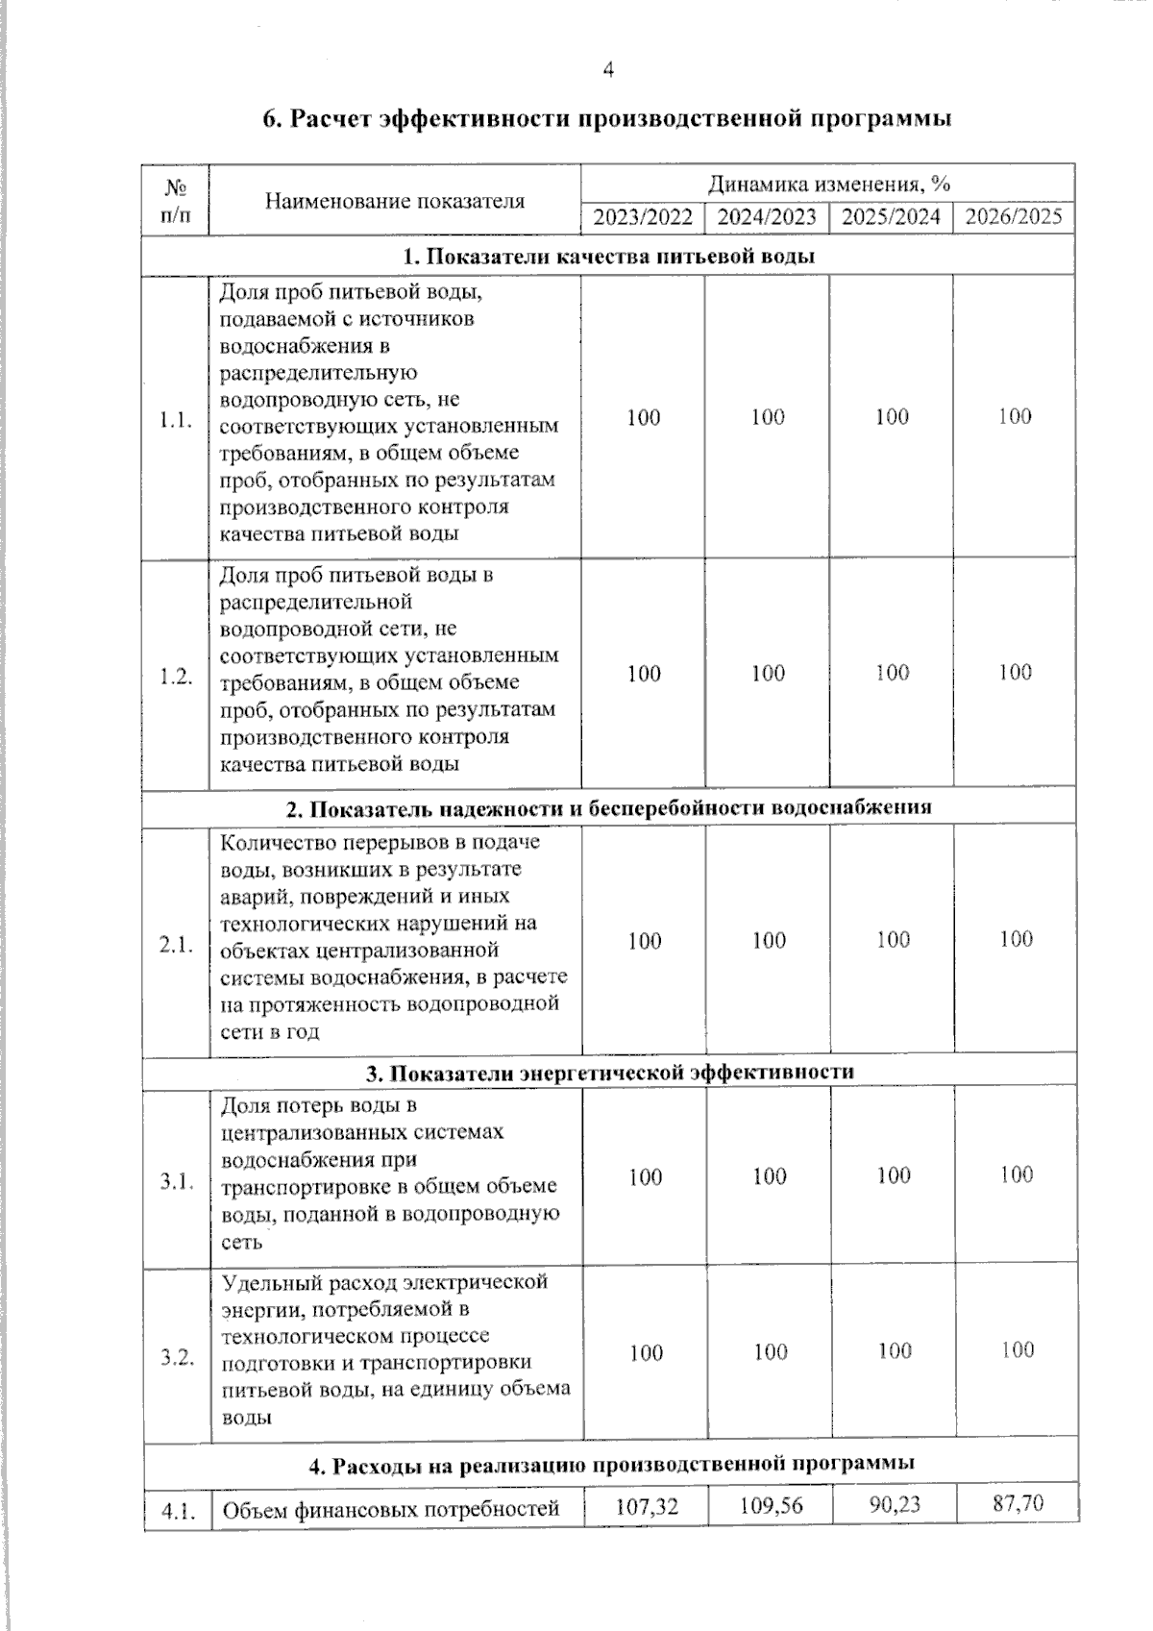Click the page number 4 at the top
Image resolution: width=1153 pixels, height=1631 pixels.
[606, 69]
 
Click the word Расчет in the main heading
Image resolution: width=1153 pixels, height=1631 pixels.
[332, 119]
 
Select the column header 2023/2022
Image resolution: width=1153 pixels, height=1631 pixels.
[643, 217]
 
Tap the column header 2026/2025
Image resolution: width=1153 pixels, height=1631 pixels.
[1014, 216]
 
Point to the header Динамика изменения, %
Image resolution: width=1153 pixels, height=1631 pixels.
[828, 184]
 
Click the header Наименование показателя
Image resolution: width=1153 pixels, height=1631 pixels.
[395, 201]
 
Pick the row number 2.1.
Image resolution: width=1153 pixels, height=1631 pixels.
[176, 945]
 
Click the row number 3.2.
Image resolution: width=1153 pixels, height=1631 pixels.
[177, 1357]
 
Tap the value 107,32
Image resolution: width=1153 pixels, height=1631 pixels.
[646, 1507]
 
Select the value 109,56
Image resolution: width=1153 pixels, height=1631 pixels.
[770, 1506]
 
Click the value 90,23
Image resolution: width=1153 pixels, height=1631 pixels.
[894, 1504]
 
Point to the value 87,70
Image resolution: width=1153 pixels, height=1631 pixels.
[1017, 1503]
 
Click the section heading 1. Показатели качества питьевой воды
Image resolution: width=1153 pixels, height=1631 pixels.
[608, 257]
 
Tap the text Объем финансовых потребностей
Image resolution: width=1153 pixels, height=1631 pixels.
[391, 1509]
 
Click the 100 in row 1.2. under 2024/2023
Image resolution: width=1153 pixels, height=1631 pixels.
[768, 674]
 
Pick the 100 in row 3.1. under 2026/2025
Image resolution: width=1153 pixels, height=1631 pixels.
[1016, 1174]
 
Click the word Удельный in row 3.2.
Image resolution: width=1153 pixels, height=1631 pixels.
[264, 1283]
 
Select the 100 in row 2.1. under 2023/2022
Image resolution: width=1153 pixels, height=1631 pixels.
[644, 941]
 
